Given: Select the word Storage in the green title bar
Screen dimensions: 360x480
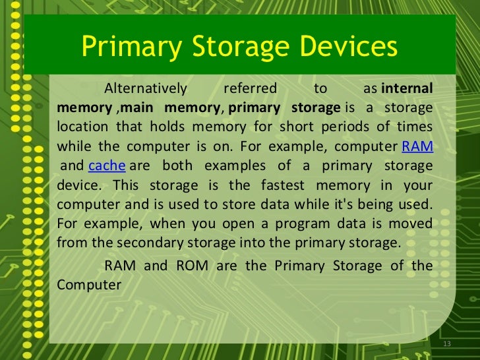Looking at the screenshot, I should click(x=231, y=47).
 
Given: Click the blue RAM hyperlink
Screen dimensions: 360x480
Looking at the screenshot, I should click(x=417, y=146).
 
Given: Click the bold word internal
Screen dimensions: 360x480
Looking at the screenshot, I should click(x=407, y=88).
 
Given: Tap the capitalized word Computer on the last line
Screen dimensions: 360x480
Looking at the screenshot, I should click(x=89, y=285).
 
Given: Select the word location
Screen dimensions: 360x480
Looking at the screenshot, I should click(x=84, y=127).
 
